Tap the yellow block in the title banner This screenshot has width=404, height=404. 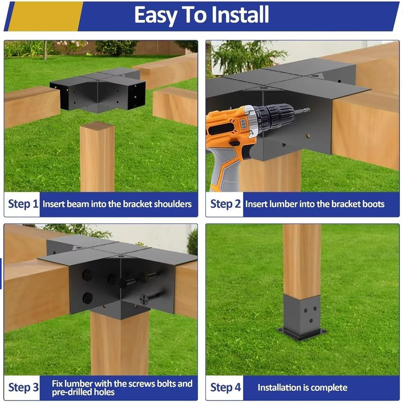(44, 16)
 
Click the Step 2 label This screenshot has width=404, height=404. (225, 204)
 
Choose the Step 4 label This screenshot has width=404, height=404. (225, 387)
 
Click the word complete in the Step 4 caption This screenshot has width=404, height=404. (329, 387)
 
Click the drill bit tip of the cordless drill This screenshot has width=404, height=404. (308, 110)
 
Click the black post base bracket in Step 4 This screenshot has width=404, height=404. (302, 319)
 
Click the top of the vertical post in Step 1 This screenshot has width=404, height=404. (97, 126)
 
